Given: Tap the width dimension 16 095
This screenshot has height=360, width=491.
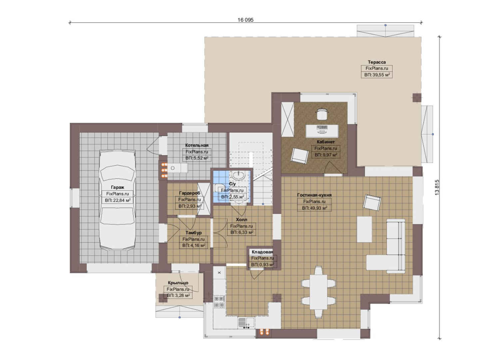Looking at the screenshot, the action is [245, 20].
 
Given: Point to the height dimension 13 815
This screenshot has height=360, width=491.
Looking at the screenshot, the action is [437, 187].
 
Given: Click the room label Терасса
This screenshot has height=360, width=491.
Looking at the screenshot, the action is [377, 62].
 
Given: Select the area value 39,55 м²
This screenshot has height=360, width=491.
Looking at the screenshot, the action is [377, 75].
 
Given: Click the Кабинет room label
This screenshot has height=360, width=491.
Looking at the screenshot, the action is [325, 142].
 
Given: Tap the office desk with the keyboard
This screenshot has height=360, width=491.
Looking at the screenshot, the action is [322, 131].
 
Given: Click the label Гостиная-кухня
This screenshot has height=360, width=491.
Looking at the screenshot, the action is [314, 195].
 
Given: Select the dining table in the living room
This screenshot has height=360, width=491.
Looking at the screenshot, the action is [318, 291].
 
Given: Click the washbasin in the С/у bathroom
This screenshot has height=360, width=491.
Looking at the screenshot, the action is [238, 176].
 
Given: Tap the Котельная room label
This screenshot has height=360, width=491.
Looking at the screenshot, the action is [197, 145].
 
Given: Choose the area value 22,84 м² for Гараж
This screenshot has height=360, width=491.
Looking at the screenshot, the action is [118, 200].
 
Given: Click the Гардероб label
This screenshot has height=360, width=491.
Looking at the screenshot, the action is [190, 193].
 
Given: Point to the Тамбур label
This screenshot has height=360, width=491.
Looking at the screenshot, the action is [194, 233].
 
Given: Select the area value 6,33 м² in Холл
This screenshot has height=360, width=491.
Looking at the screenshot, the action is [242, 232].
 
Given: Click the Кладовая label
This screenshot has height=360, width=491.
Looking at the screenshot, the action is [262, 252].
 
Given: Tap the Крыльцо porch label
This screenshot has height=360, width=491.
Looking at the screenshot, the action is [178, 283].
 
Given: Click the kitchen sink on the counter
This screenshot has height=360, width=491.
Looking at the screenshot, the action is [246, 323].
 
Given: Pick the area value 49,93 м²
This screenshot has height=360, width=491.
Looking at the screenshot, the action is [314, 208].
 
